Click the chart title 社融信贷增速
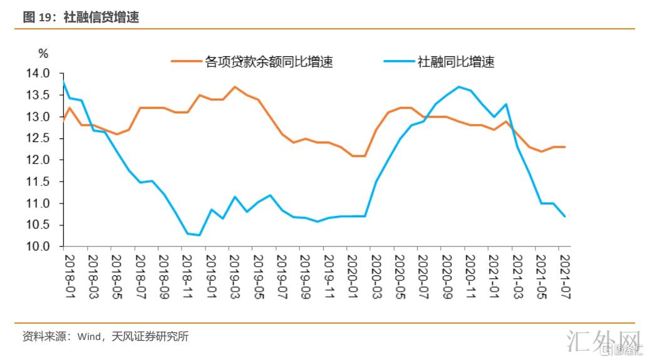(x=100, y=18)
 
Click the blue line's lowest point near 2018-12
(x=199, y=235)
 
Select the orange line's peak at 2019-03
(x=234, y=87)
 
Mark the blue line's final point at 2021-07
(x=565, y=216)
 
